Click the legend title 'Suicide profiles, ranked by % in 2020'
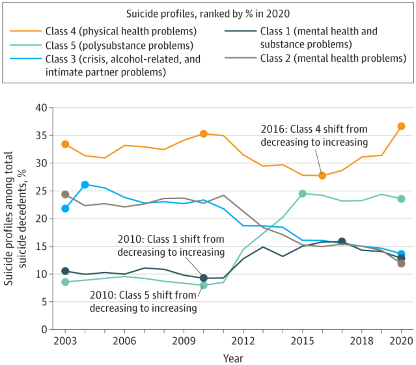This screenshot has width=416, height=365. [208, 12]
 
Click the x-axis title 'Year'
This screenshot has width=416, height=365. [234, 357]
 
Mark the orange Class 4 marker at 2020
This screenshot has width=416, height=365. [402, 126]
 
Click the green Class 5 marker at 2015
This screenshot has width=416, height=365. [302, 193]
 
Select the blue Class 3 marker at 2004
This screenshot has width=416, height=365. [85, 185]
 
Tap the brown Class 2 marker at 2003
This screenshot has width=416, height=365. [65, 195]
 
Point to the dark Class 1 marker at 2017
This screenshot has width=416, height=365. [342, 241]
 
